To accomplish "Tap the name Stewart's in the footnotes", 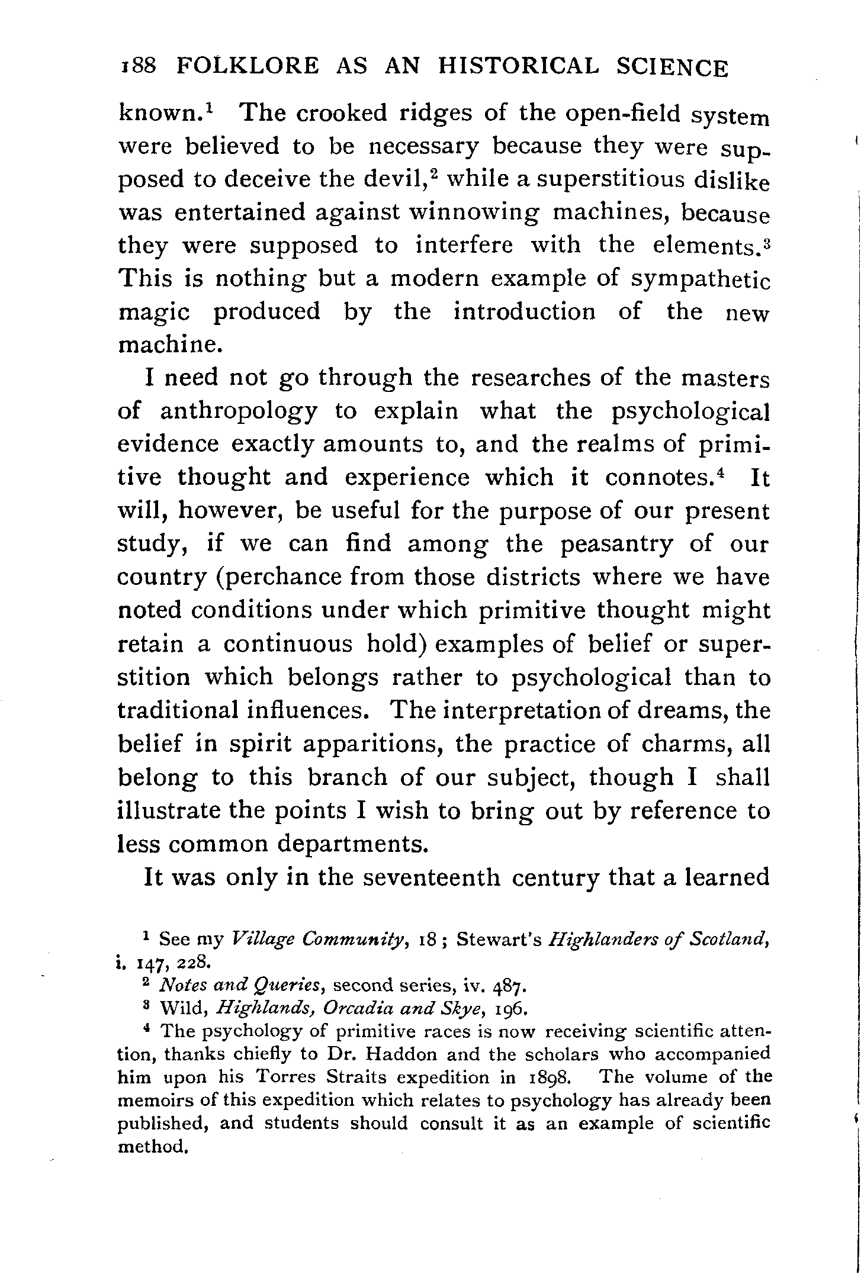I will (500, 940).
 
